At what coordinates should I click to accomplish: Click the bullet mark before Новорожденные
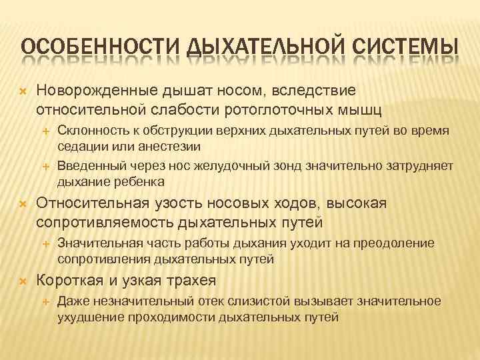(22, 89)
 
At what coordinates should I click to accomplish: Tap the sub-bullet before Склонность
(47, 133)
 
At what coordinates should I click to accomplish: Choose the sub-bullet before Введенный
(47, 166)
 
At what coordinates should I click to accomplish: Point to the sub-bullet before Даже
(47, 301)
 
